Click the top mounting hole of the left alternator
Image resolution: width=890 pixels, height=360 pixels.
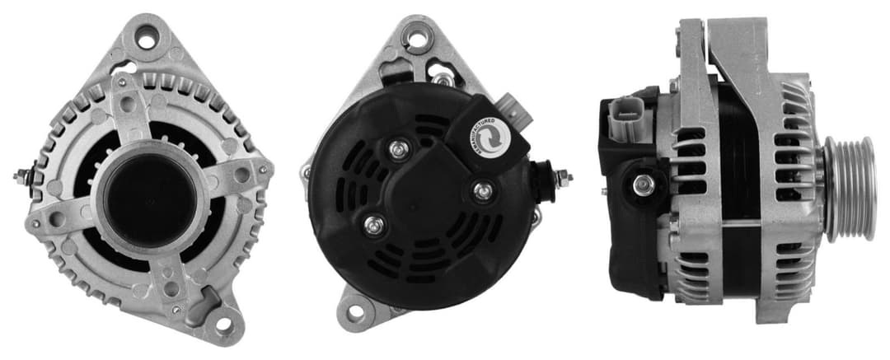(147, 37)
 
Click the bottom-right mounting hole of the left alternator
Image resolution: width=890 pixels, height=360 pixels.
(223, 324)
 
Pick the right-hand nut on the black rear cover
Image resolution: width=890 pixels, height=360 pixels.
(484, 191)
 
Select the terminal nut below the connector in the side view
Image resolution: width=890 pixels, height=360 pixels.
(644, 185)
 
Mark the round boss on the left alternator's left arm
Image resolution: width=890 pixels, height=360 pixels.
(57, 220)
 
